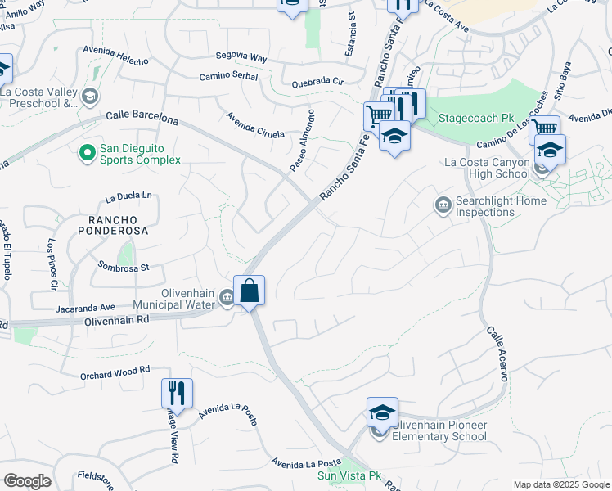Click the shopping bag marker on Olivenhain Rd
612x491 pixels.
click(249, 291)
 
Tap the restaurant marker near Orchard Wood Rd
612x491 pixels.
click(177, 393)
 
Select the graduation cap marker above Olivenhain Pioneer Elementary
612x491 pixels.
click(381, 413)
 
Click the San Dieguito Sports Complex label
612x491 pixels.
click(139, 154)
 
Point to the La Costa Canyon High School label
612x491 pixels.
click(487, 168)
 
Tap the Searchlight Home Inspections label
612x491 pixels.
click(496, 206)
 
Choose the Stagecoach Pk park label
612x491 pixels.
click(473, 118)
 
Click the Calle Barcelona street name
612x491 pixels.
click(142, 119)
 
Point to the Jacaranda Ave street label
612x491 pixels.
click(85, 309)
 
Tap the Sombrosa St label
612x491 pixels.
click(124, 267)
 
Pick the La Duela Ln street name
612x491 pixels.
click(129, 196)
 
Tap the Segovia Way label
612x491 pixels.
click(241, 58)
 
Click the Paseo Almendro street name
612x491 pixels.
click(301, 140)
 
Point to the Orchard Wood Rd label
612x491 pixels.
click(115, 371)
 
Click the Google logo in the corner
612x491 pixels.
click(27, 480)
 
